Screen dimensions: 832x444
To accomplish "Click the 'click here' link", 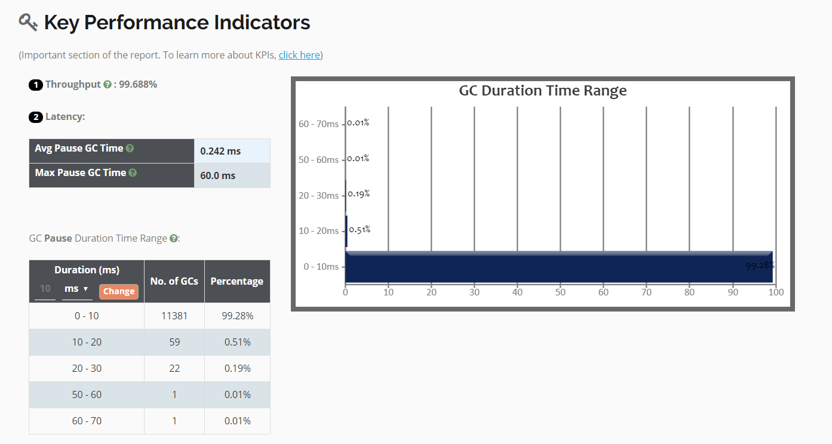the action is pos(299,55).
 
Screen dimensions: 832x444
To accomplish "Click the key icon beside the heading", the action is pos(28,22).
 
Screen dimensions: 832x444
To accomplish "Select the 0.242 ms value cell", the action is pos(232,151).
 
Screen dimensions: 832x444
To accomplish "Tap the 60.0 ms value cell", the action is pos(232,175).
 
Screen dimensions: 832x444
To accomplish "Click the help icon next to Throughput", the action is pos(108,85).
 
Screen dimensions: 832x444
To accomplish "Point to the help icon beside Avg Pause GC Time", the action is pos(130,149).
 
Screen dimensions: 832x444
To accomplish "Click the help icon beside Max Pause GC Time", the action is pos(133,173).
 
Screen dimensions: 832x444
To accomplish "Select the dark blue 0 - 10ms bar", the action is pos(559,267).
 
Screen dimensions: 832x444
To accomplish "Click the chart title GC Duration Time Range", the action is pos(543,91).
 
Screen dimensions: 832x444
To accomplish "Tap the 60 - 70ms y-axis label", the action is pos(318,124).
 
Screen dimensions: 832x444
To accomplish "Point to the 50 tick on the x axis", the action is pos(560,292).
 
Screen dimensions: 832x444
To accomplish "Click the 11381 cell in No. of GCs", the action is pos(174,316).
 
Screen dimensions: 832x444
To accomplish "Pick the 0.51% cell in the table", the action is pos(237,343).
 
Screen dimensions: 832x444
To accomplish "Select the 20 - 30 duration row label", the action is pos(87,368).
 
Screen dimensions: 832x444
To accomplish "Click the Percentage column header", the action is pos(237,282).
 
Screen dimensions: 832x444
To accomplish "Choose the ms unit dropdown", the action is pos(77,289).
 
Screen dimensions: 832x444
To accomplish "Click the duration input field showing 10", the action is pos(45,289).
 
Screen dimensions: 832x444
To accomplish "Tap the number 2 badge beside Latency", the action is pos(36,118).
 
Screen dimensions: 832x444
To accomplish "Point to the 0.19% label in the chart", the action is pos(359,194).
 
